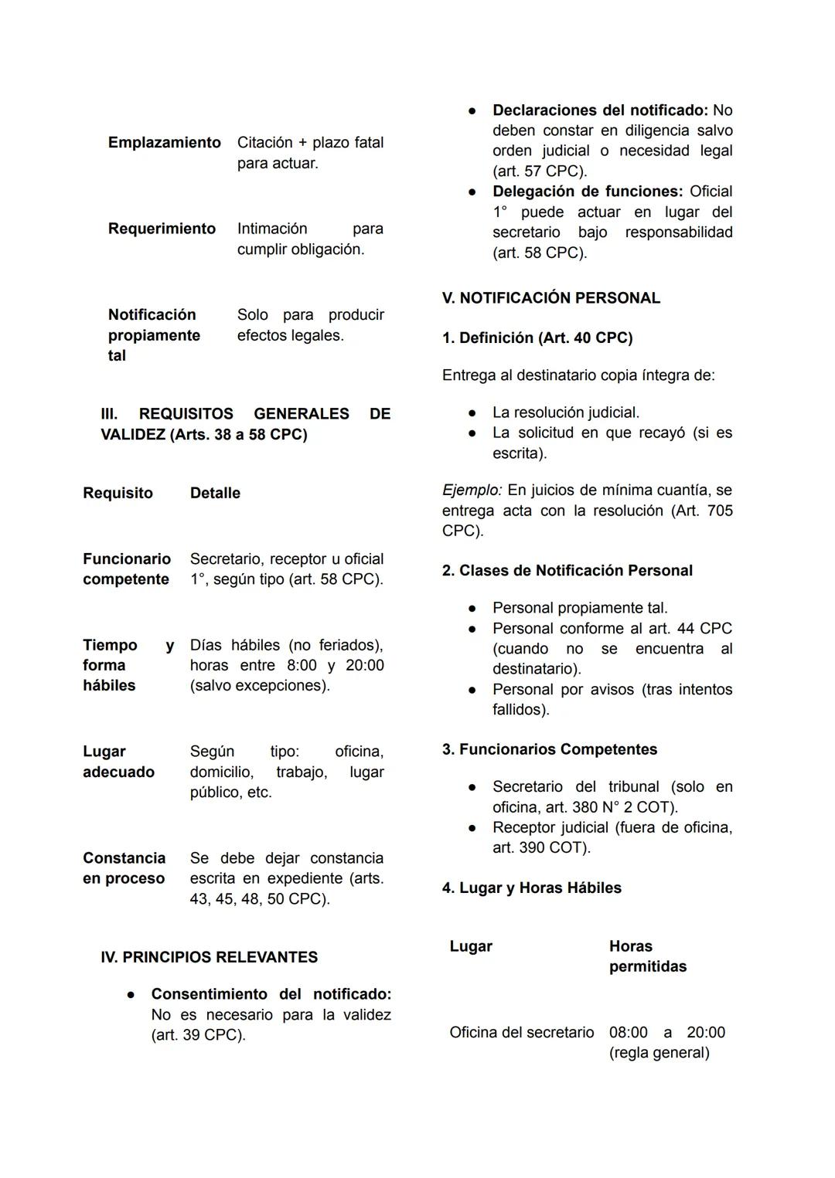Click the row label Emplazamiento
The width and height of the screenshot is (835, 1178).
pyautogui.click(x=164, y=143)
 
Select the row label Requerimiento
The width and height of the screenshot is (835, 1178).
pyautogui.click(x=162, y=229)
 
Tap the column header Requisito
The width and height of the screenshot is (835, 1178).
pyautogui.click(x=118, y=493)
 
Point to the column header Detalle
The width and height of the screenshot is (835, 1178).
pyautogui.click(x=215, y=493)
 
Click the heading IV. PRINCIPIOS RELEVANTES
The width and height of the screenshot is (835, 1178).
pyautogui.click(x=209, y=957)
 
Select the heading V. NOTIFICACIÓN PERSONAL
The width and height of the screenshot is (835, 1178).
pyautogui.click(x=550, y=298)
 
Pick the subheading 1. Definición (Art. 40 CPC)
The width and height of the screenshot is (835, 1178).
pyautogui.click(x=537, y=338)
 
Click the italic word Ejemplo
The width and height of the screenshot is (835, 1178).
pyautogui.click(x=471, y=491)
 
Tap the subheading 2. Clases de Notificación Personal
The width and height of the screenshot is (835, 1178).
pyautogui.click(x=567, y=571)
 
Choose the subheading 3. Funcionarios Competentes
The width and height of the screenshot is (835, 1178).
pyautogui.click(x=549, y=749)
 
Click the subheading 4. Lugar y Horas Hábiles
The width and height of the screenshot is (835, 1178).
pyautogui.click(x=531, y=888)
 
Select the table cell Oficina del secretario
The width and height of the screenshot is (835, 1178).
pyautogui.click(x=521, y=1033)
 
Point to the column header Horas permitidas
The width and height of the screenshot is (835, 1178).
pyautogui.click(x=647, y=956)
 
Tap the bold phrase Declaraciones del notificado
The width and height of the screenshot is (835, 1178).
pyautogui.click(x=600, y=110)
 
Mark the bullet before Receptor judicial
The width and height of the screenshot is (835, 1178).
pyautogui.click(x=472, y=828)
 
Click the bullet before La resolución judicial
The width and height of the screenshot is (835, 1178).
pyautogui.click(x=472, y=413)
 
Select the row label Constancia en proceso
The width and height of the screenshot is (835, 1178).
pyautogui.click(x=124, y=868)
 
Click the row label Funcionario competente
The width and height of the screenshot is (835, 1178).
pyautogui.click(x=126, y=569)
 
